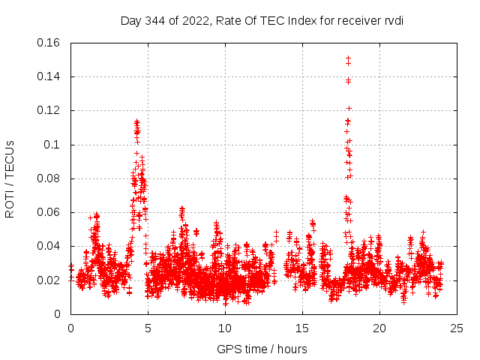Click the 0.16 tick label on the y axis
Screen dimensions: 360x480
pos(50,43)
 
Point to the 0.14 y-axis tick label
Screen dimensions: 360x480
pos(50,76)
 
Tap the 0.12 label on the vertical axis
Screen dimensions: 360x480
pos(50,110)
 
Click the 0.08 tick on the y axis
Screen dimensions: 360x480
pos(50,178)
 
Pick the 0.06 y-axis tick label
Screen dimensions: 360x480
pos(50,212)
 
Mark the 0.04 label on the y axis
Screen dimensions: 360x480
pos(50,246)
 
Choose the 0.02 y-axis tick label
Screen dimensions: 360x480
pos(50,280)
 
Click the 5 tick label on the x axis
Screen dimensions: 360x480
pos(148,328)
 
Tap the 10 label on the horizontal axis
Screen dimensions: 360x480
pos(225,328)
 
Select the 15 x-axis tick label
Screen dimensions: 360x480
pos(302,328)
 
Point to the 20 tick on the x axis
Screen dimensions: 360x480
pos(379,328)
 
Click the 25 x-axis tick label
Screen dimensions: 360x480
pos(457,328)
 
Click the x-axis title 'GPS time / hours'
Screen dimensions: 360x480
pos(262,349)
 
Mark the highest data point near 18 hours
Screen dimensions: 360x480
pos(348,58)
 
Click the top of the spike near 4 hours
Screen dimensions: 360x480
pos(136,121)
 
